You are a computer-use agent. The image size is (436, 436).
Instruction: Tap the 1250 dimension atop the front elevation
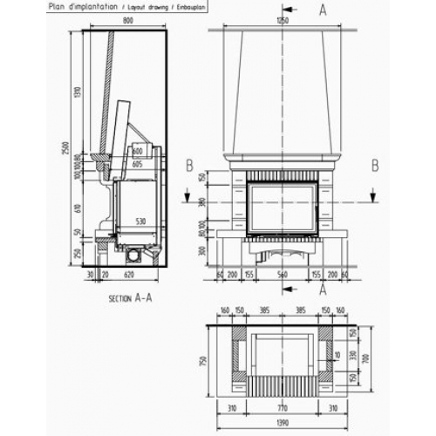[x=282, y=19]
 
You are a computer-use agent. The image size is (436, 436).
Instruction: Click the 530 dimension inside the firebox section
[x=139, y=221]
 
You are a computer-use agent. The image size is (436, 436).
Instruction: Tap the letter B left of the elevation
[x=187, y=164]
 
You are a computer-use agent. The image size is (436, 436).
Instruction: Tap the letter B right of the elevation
[x=374, y=164]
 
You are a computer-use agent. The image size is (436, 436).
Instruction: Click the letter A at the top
[x=324, y=10]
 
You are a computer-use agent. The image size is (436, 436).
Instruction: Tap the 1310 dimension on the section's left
[x=77, y=92]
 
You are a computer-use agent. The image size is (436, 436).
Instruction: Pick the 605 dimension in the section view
[x=138, y=163]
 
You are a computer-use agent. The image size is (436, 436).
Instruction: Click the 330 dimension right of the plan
[x=352, y=355]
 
